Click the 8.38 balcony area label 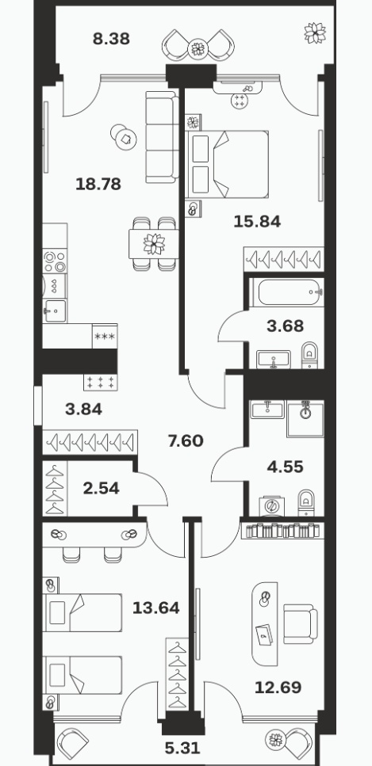coord(111,39)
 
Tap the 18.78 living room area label coord(98,184)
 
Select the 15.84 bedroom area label coord(257,222)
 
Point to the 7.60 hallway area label coord(186,441)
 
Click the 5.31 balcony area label coord(183,748)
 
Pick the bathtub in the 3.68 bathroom coord(286,292)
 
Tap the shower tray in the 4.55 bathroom coord(305,419)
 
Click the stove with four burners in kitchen coord(55,261)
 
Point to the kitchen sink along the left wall coord(54,311)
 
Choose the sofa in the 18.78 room coord(162,137)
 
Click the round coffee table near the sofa coord(124,137)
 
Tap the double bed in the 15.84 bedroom coord(228,164)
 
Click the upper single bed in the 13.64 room coord(82,612)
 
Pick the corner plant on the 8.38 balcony coord(314,33)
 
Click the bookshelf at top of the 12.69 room coord(282,531)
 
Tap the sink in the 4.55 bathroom coord(267,410)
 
